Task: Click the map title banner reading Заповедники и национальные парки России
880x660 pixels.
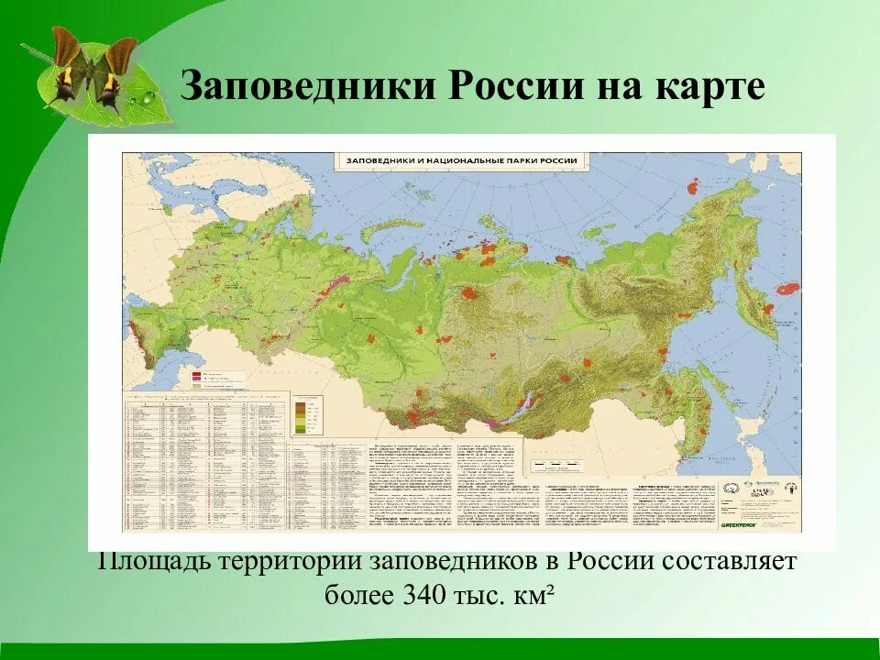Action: click(461, 160)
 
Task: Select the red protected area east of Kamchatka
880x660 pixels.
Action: click(787, 288)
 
